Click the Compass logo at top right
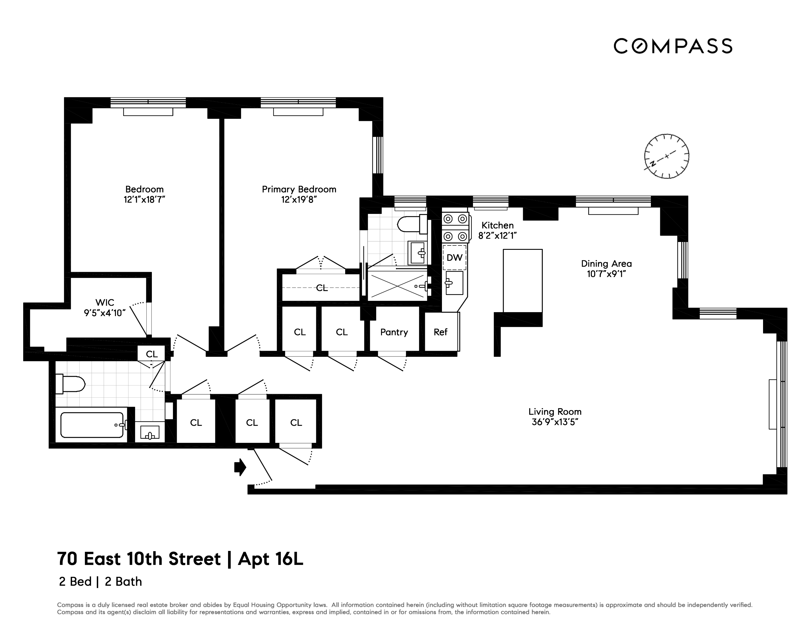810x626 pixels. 672,46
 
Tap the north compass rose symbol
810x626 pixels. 667,156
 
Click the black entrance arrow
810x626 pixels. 240,467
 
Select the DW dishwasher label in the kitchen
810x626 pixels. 454,257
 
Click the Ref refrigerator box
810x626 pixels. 441,332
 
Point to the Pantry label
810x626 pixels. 394,332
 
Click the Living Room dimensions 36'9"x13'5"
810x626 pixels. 555,422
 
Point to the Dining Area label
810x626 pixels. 606,264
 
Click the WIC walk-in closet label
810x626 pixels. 105,302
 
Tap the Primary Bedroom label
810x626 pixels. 299,189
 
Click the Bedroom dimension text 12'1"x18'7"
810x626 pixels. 144,199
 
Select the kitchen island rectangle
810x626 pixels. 523,281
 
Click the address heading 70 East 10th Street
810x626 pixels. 139,559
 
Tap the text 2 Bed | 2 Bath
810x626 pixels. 100,581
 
